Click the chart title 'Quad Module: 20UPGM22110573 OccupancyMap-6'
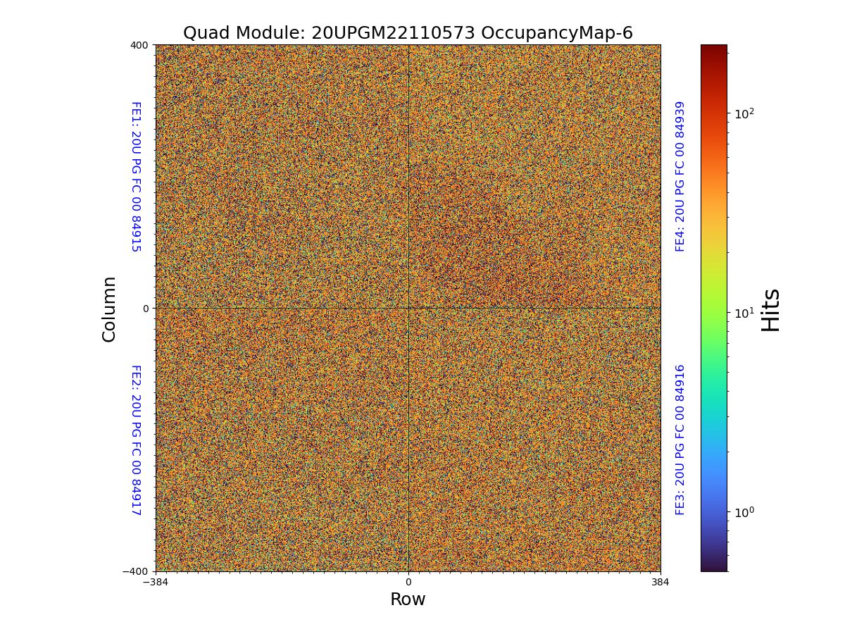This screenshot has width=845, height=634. pyautogui.click(x=408, y=33)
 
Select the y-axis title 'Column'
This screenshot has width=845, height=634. pyautogui.click(x=109, y=309)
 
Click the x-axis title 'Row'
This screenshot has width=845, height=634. pyautogui.click(x=408, y=599)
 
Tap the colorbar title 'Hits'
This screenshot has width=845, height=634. pyautogui.click(x=771, y=309)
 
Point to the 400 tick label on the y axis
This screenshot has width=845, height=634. pyautogui.click(x=139, y=45)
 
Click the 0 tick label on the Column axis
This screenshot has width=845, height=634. pyautogui.click(x=146, y=309)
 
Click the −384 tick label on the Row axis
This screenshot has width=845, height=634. pyautogui.click(x=156, y=583)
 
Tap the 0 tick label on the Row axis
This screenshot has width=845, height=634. pyautogui.click(x=408, y=583)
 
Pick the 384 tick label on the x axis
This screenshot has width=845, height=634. pyautogui.click(x=661, y=583)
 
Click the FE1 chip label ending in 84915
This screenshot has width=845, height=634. pyautogui.click(x=135, y=176)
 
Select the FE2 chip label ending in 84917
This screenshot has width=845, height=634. pyautogui.click(x=135, y=440)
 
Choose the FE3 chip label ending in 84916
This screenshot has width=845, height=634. pyautogui.click(x=680, y=440)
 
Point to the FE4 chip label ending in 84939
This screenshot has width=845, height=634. pyautogui.click(x=680, y=176)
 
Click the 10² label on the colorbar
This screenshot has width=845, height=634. pyautogui.click(x=744, y=113)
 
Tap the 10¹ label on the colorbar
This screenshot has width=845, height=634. pyautogui.click(x=744, y=312)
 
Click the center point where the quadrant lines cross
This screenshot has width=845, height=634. pyautogui.click(x=408, y=308)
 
